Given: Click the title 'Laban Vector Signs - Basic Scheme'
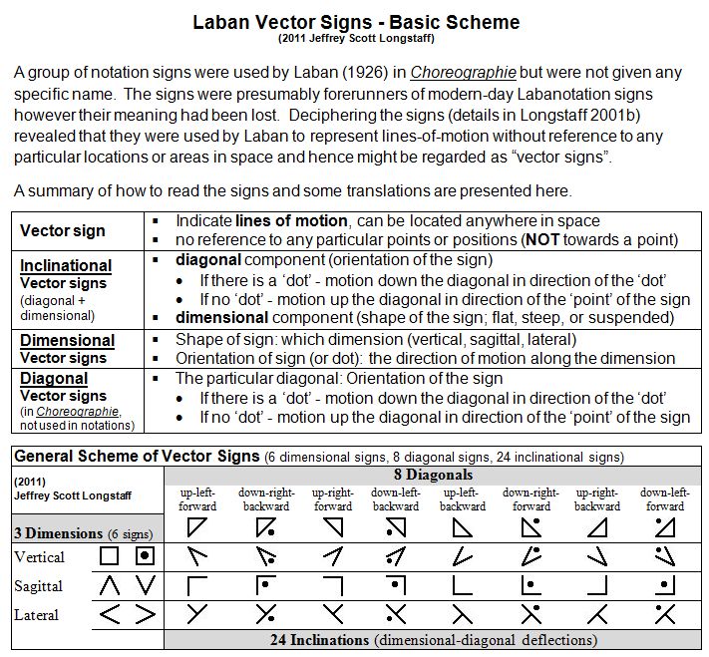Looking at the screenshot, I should pos(356,21).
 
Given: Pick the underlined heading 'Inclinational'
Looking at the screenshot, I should pos(66,265).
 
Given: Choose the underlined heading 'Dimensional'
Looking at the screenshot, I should pos(67,340).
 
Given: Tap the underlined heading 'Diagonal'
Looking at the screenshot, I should pos(54,378).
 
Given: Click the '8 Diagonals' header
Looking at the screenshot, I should pos(433,475).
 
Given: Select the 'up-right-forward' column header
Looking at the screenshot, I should pos(333,499).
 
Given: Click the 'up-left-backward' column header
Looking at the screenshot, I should pos(461,499).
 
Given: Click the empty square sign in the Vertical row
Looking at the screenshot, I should pos(111,556).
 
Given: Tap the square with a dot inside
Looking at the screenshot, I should pos(145,556).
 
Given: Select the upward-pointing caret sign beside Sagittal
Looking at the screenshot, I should pos(111,586).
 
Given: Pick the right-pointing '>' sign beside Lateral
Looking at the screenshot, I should pos(146,614).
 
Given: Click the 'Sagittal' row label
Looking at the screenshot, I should pos(38,586).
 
